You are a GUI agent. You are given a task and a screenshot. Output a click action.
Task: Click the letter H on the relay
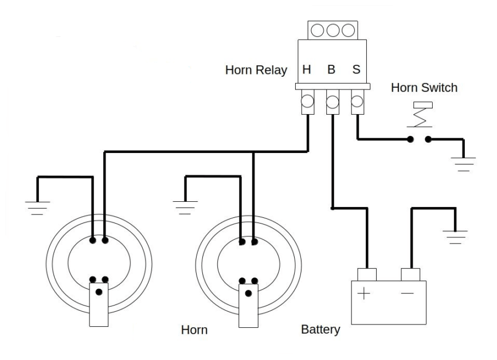coord(307,71)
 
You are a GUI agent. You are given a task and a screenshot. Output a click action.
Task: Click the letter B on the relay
coord(331,71)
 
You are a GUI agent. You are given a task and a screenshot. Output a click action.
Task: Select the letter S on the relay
coord(356,71)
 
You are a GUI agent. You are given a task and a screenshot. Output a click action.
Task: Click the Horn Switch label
coord(424,88)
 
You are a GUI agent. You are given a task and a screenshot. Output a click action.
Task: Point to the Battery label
coord(320,330)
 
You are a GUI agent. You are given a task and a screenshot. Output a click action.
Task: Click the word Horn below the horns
coord(194,331)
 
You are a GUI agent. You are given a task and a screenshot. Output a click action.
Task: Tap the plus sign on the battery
coord(365,296)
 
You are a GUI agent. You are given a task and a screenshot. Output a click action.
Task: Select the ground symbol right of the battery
coord(456,236)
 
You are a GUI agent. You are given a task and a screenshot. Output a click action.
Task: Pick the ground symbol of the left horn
coord(38,207)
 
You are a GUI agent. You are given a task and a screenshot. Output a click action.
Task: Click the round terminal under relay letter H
coord(307,103)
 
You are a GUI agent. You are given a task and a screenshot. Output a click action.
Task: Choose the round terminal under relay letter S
coord(356,103)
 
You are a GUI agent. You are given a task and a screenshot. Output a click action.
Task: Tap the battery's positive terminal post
coord(366,274)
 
